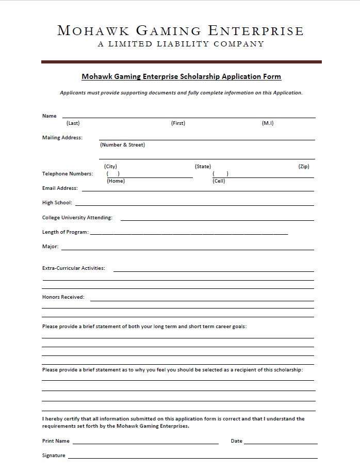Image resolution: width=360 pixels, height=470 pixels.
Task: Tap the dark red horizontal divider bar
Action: point(181,62)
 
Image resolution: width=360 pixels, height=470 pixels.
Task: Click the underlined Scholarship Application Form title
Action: point(181,77)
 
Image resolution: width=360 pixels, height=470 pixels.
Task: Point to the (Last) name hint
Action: point(73,123)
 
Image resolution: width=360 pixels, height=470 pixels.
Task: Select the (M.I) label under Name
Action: point(268,123)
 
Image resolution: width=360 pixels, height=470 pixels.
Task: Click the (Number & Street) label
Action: point(123,145)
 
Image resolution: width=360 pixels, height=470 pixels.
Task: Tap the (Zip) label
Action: point(304,167)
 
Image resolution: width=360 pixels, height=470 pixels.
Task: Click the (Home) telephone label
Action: point(116,181)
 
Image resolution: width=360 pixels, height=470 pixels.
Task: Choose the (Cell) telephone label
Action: point(219,181)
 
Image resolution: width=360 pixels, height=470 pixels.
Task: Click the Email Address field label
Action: point(60,188)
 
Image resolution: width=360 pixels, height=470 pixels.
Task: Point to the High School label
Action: point(57,203)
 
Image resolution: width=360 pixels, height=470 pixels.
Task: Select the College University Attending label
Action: point(77,218)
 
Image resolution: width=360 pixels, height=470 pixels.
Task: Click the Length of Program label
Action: point(65,232)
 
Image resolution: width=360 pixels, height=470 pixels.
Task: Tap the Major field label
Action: point(50,247)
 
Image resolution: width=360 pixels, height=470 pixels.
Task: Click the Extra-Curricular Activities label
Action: point(73,268)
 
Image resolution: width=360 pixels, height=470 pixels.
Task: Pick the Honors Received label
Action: point(63,297)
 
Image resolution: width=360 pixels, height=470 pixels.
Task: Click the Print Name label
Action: point(56,441)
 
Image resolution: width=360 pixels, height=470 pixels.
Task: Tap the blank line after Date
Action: point(281,443)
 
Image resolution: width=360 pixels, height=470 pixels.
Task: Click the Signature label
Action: point(54,456)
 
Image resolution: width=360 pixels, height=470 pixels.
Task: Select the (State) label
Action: point(203,167)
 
